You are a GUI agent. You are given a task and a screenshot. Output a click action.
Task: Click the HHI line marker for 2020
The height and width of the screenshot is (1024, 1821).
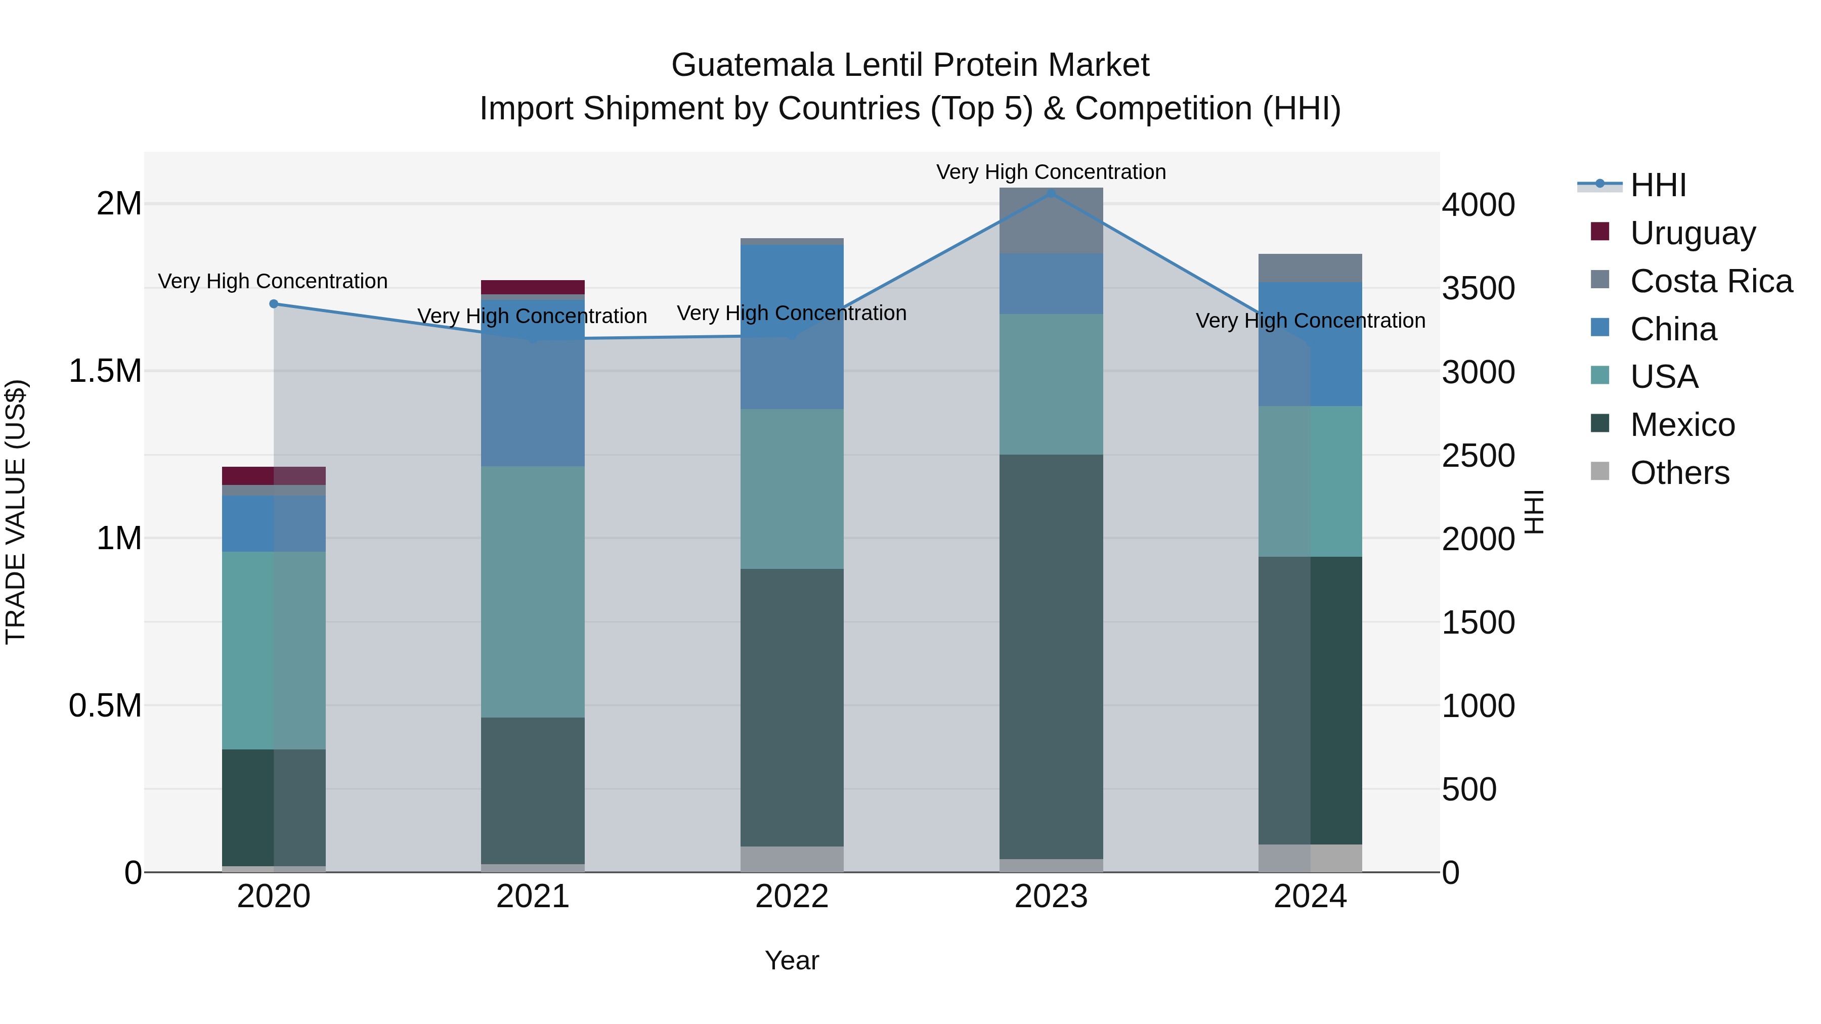point(274,304)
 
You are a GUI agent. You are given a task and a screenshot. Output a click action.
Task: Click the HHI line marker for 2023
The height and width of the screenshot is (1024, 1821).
point(1051,193)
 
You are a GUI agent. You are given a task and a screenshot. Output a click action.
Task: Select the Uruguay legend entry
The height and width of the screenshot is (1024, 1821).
point(1693,233)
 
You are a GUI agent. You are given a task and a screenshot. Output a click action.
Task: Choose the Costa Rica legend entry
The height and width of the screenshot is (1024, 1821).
point(1711,281)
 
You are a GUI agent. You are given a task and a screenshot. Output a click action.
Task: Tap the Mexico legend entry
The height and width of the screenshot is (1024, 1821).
point(1682,424)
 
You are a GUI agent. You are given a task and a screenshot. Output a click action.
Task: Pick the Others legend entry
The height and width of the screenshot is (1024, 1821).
point(1679,472)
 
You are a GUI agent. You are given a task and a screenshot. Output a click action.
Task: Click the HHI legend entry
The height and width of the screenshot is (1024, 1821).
point(1658,185)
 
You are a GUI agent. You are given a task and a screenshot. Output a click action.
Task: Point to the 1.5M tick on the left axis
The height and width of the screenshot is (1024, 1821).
point(105,371)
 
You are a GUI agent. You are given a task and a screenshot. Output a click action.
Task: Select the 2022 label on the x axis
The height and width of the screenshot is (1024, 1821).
point(792,897)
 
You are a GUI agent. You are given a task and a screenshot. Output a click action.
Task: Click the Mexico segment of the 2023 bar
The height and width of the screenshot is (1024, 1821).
point(1051,657)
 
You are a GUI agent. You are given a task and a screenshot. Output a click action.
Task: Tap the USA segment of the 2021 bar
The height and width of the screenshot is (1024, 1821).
point(533,592)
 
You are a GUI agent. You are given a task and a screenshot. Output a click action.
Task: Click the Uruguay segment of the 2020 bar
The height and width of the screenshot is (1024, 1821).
point(274,476)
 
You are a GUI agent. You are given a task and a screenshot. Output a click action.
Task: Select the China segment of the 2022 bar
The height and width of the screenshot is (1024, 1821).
point(792,327)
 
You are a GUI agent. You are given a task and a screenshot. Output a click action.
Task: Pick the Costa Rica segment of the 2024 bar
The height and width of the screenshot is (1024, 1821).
point(1310,268)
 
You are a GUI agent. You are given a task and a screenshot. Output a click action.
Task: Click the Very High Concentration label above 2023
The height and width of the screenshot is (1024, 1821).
point(1051,172)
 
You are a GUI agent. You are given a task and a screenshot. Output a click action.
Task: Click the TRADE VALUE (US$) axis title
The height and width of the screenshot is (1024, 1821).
point(16,512)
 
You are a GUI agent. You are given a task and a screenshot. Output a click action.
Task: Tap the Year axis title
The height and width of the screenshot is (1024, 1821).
point(792,960)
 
